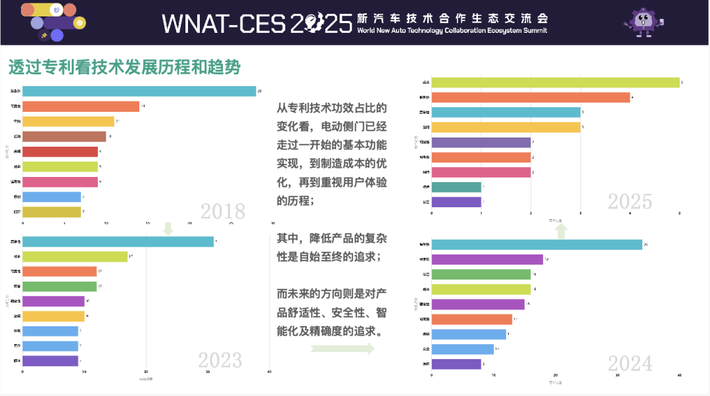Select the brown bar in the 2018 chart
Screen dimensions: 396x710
64,137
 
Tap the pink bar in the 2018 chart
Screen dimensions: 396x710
60,182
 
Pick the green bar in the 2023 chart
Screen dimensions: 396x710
60,286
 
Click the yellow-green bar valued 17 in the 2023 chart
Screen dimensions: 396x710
75,257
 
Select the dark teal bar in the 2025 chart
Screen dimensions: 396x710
456,187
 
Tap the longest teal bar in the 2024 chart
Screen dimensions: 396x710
536,245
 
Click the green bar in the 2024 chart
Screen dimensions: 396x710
481,274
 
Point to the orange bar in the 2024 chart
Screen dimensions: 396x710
471,319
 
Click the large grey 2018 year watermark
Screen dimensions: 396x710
223,212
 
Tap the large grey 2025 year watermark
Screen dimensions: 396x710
630,201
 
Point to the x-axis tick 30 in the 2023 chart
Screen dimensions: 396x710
208,372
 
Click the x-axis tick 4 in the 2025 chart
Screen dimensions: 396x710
630,213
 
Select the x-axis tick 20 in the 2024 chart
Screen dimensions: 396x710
556,376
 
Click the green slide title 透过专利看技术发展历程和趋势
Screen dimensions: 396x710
124,67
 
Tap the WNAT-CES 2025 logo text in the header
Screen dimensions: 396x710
257,24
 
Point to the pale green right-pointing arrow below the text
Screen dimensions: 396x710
342,349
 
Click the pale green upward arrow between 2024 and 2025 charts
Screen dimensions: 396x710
561,230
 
